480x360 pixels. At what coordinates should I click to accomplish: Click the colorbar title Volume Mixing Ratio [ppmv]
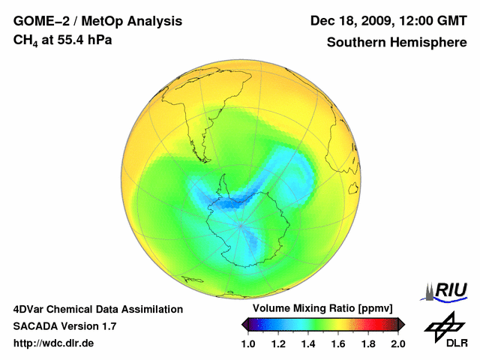(323, 309)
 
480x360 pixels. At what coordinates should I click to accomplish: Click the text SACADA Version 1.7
(64, 326)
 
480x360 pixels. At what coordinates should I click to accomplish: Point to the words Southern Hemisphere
(396, 43)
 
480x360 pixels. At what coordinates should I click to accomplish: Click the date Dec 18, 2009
(350, 20)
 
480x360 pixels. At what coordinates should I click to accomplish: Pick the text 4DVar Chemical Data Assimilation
(97, 309)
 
